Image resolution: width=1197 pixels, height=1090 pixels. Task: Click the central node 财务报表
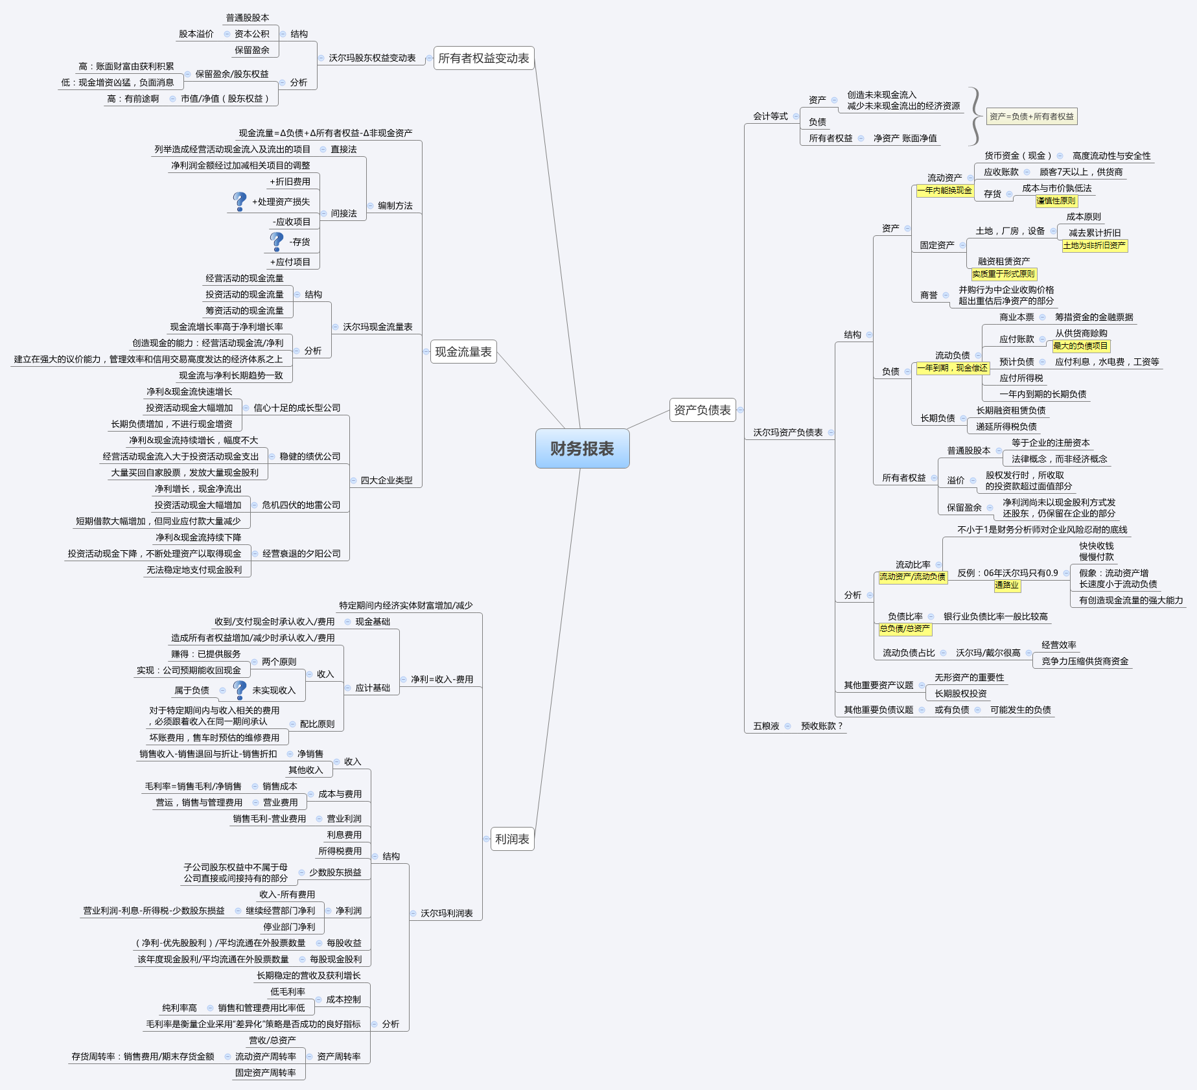pos(582,448)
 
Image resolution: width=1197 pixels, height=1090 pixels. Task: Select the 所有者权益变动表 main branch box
pos(483,58)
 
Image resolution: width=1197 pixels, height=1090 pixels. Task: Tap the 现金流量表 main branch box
pos(463,352)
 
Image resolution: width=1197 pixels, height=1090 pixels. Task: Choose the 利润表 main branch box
pos(512,839)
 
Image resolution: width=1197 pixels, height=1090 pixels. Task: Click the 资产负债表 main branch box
pos(702,410)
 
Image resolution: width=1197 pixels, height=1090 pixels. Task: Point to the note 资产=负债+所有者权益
pos(1032,117)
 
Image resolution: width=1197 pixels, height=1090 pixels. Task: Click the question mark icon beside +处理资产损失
pos(240,201)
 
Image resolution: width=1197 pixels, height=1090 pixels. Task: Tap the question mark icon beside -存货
pos(277,241)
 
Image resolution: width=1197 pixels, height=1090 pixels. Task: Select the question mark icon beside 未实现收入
pos(240,690)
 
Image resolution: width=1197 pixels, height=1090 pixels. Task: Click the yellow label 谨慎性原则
pos(1056,201)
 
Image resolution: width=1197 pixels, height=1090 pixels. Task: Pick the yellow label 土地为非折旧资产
pos(1095,246)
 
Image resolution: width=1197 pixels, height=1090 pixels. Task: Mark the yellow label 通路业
pos(1007,585)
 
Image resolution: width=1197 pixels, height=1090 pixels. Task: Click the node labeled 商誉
pos(929,296)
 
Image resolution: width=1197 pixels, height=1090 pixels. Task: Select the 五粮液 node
pos(766,726)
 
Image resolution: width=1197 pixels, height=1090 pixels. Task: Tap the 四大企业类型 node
pos(386,481)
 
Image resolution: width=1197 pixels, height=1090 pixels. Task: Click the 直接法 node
pos(343,150)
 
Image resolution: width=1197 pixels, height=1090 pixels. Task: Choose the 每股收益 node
pos(344,944)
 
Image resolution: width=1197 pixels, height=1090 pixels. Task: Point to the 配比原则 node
pos(317,725)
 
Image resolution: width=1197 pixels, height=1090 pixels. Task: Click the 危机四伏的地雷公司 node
pos(301,505)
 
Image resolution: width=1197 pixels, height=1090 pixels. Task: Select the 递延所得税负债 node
pos(1006,427)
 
